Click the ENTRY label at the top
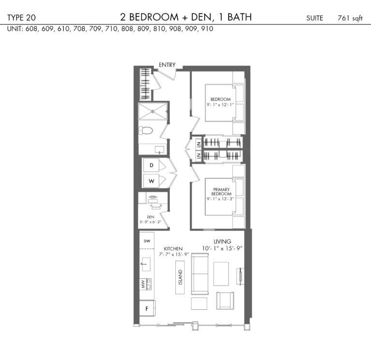click(167, 65)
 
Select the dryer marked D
click(151, 165)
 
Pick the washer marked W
click(151, 181)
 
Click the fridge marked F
click(147, 308)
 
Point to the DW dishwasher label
click(147, 241)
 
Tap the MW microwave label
click(143, 284)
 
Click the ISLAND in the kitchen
click(180, 277)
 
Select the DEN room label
click(151, 217)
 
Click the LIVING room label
click(222, 242)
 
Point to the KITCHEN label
click(173, 249)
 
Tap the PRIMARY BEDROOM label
click(221, 191)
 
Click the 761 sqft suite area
click(350, 18)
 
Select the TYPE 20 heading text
click(22, 17)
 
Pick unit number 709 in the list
click(95, 29)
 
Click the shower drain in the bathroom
click(153, 111)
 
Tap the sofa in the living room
click(200, 274)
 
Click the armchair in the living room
click(225, 301)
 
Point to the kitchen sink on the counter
click(146, 264)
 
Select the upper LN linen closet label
click(199, 144)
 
